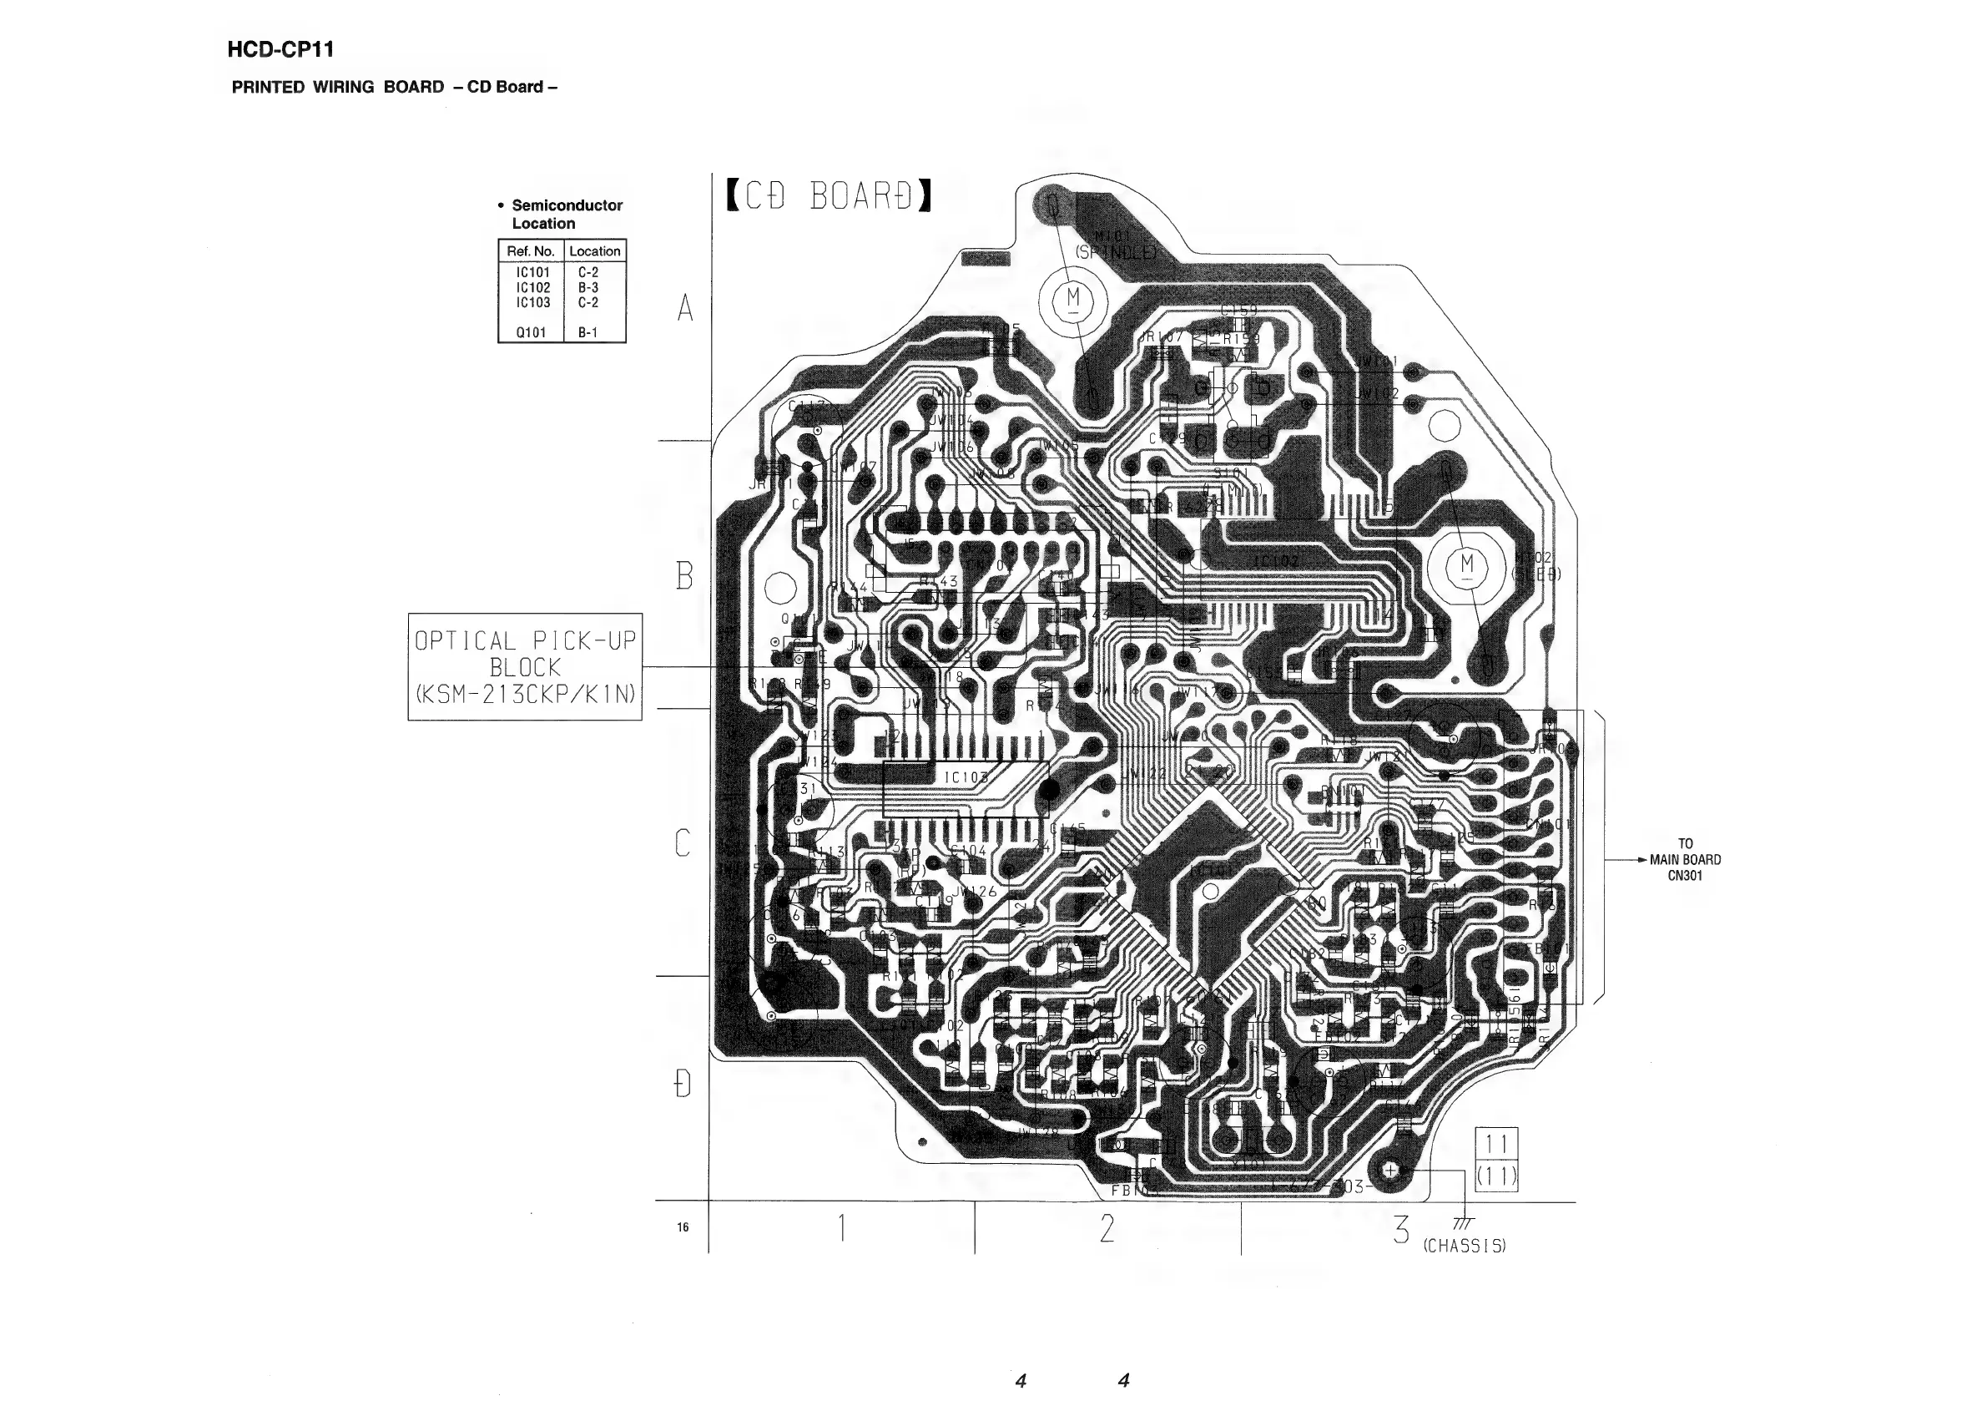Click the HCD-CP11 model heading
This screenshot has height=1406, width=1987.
point(280,50)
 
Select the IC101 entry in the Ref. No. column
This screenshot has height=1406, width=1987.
point(532,273)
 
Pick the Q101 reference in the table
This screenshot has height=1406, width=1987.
point(531,332)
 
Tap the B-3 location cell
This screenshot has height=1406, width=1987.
point(588,287)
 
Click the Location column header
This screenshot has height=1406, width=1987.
point(594,251)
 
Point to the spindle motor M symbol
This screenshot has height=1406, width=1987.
point(1073,300)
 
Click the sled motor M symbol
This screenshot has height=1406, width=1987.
point(1467,565)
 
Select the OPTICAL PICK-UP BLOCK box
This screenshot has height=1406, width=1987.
point(524,666)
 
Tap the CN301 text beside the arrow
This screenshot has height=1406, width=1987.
point(1685,875)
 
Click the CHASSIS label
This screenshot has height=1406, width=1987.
point(1465,1246)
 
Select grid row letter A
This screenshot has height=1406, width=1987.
point(685,307)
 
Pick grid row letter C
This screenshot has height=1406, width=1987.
point(683,842)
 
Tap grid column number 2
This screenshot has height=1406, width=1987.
point(1107,1227)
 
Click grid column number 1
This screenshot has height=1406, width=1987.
point(841,1227)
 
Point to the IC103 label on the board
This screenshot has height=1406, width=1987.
point(965,777)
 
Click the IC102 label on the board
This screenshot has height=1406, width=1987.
point(1276,562)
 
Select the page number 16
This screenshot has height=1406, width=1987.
point(683,1226)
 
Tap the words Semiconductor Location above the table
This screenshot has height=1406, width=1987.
point(566,214)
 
